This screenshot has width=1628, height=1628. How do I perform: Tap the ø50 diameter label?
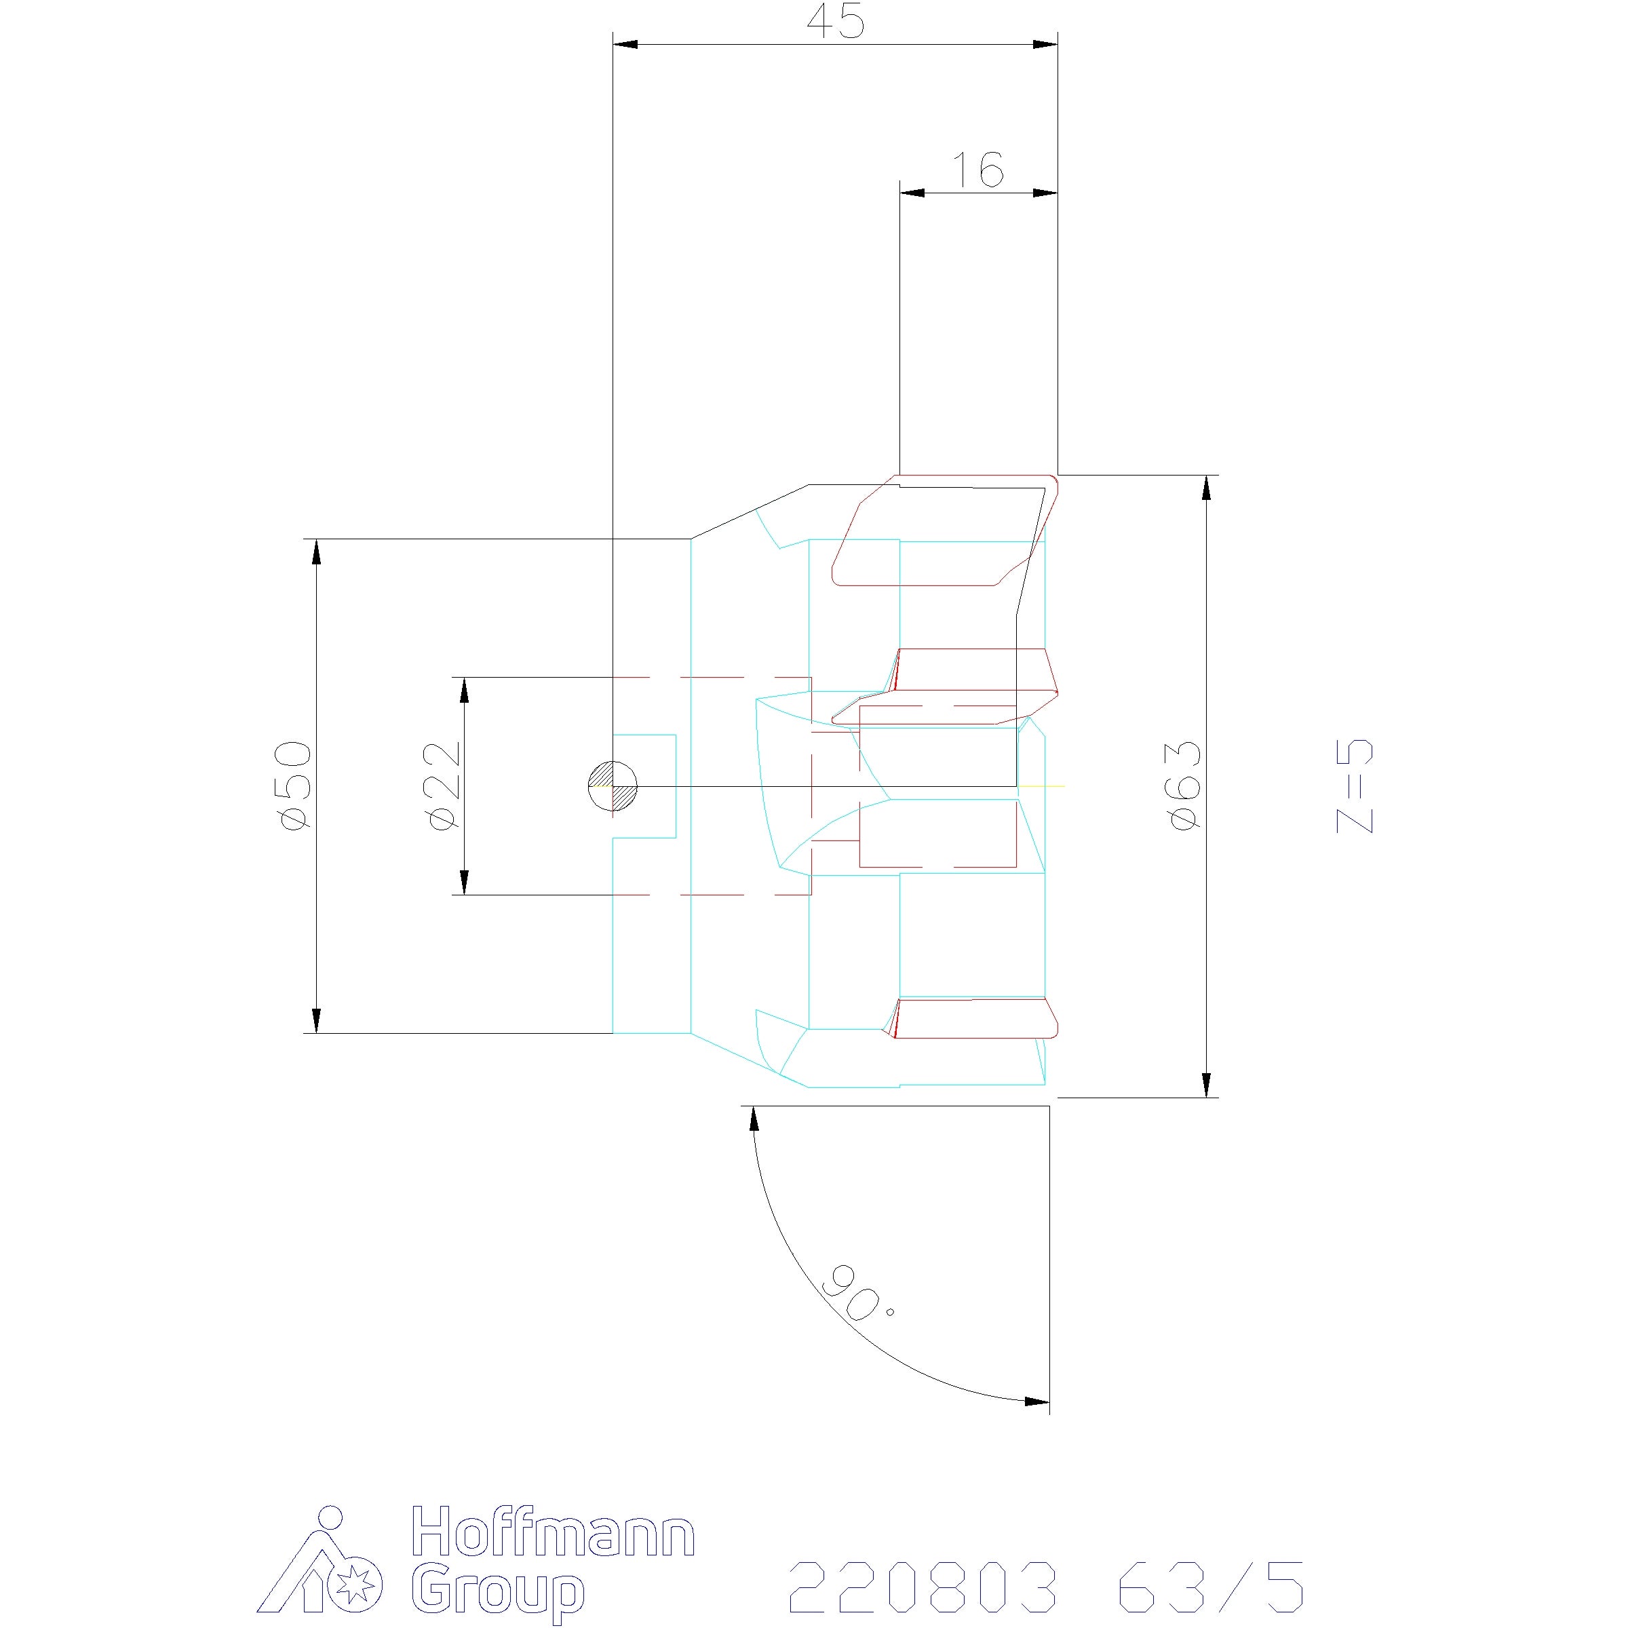coord(295,786)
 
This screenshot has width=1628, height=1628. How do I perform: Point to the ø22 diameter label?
coord(444,786)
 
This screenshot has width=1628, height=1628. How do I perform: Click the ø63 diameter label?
coord(1184,786)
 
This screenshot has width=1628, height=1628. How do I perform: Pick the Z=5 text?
coord(1355,786)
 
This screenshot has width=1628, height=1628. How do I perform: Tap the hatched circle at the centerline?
coord(613,786)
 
